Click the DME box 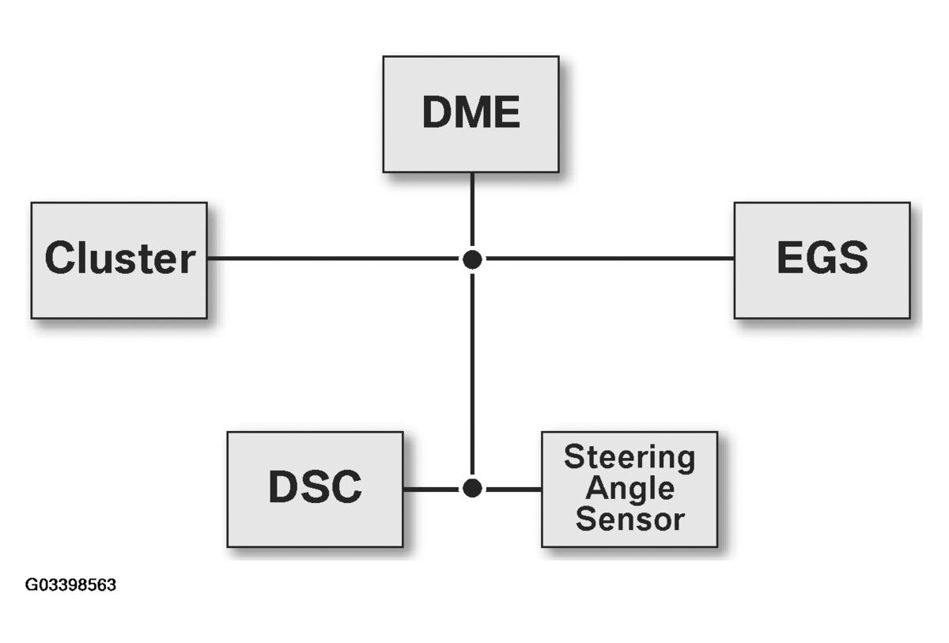471,114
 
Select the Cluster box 119,260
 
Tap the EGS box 822,260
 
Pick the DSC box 315,489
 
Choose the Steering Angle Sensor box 630,489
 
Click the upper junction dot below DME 472,259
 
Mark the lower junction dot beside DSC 472,488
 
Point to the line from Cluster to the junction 332,258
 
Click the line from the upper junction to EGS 609,258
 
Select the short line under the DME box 472,210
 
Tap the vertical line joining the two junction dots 472,372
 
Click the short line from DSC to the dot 431,489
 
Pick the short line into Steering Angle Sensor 513,489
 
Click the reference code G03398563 70,585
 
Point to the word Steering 630,457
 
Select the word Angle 630,489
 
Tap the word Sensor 630,520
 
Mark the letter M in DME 472,114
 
